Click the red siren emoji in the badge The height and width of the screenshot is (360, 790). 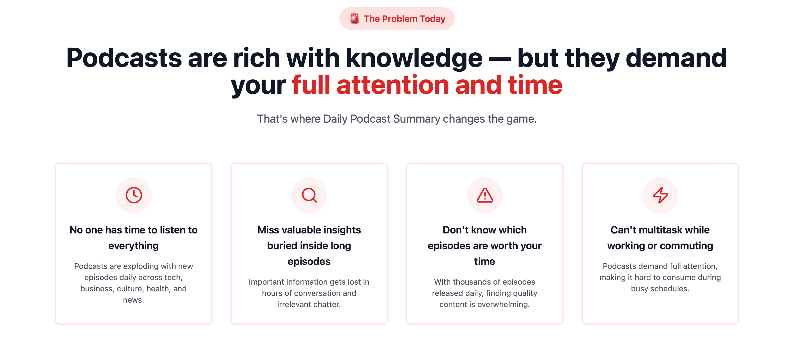tap(354, 19)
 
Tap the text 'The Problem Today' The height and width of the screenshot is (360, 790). tap(404, 19)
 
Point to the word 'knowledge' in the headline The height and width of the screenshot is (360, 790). tap(414, 58)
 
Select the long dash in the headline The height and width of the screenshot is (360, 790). tap(500, 59)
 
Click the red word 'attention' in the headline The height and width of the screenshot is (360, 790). tap(393, 85)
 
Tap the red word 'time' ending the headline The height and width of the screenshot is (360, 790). tap(535, 85)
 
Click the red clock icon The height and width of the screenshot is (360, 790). tap(134, 195)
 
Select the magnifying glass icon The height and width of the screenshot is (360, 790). tap(309, 195)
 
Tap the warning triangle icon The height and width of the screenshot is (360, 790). tap(485, 195)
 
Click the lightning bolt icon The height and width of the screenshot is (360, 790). tap(660, 195)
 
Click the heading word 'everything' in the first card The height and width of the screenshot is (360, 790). tap(133, 246)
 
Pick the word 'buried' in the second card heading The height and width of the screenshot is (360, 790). tap(282, 246)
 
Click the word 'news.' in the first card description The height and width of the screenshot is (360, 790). tap(133, 300)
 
